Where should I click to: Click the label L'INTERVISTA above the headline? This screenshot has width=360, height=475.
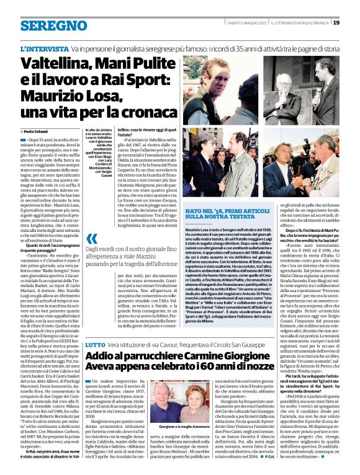(x=44, y=48)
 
